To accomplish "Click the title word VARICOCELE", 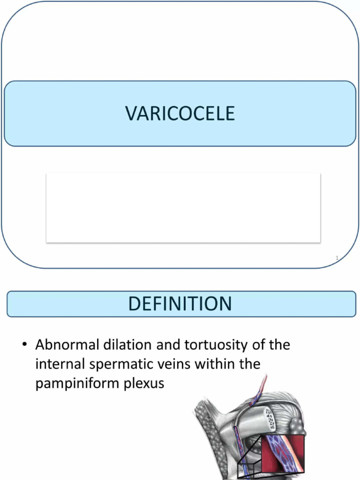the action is point(180,113).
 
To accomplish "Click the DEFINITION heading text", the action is point(180,304).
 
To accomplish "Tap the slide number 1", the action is point(337,257).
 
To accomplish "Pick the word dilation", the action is point(126,345).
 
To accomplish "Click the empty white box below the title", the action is point(183,208).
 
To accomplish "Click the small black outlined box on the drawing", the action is point(249,469).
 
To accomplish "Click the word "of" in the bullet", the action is point(260,345).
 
